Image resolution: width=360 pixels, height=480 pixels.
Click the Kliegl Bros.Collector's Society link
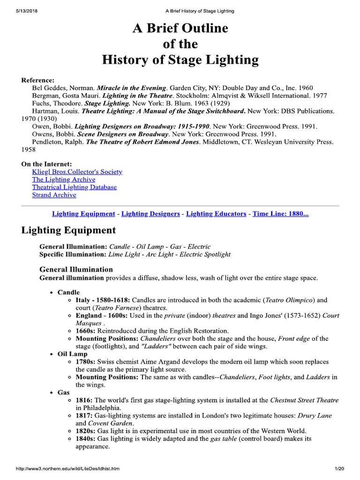click(77, 172)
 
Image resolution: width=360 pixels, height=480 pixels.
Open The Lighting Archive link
click(63, 180)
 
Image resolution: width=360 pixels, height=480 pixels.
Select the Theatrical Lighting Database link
click(74, 187)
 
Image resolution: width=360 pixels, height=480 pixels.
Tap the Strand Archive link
click(54, 195)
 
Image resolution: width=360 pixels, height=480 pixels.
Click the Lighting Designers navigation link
click(150, 214)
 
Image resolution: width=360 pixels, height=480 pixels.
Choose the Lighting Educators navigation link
click(216, 214)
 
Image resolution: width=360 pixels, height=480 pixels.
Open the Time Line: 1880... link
click(280, 214)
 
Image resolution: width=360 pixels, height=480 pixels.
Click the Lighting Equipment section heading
click(68, 230)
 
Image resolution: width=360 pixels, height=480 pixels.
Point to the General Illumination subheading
click(76, 269)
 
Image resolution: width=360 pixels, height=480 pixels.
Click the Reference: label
click(38, 80)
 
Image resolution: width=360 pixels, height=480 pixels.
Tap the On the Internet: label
click(47, 164)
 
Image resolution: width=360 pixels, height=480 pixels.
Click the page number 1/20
click(339, 469)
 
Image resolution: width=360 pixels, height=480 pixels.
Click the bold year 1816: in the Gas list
click(84, 400)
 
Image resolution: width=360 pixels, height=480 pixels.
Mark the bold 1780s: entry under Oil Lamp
click(86, 362)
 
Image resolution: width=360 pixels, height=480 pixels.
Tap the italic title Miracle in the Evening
click(131, 88)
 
